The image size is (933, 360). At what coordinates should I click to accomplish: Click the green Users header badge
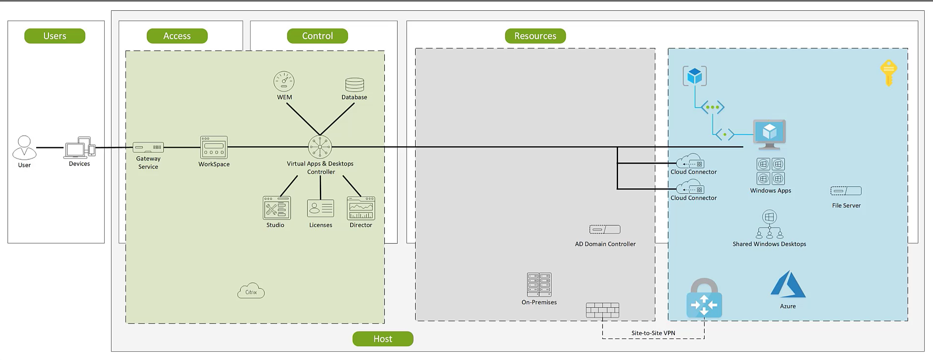click(x=55, y=36)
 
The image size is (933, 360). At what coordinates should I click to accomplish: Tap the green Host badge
click(x=383, y=338)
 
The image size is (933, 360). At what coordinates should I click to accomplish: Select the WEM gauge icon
click(x=284, y=81)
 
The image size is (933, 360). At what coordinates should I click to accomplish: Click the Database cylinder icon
click(x=355, y=85)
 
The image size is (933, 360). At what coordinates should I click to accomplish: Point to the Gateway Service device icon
click(x=148, y=147)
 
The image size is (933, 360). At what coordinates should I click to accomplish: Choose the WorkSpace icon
click(x=214, y=147)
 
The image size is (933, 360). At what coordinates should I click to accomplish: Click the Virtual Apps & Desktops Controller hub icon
click(x=320, y=147)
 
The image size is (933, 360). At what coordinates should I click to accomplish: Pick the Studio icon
click(x=277, y=208)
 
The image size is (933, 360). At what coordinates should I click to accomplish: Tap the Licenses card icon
click(x=320, y=208)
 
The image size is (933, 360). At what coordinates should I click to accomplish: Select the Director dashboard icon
click(x=361, y=208)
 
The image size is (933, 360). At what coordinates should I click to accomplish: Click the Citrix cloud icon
click(x=251, y=291)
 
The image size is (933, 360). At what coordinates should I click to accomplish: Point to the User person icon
click(x=24, y=148)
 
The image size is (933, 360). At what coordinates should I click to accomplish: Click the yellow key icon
click(x=889, y=73)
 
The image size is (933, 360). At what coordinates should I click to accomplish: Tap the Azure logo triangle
click(x=788, y=285)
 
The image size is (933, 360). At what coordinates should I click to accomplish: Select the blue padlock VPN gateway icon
click(x=704, y=299)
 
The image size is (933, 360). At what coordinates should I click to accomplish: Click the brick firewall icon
click(x=602, y=310)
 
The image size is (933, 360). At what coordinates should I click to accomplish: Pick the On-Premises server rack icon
click(x=539, y=285)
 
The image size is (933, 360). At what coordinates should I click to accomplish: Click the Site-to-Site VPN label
click(x=653, y=333)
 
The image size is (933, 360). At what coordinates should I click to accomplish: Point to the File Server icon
click(x=846, y=191)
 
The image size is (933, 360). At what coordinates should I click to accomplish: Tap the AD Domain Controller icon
click(x=605, y=229)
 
